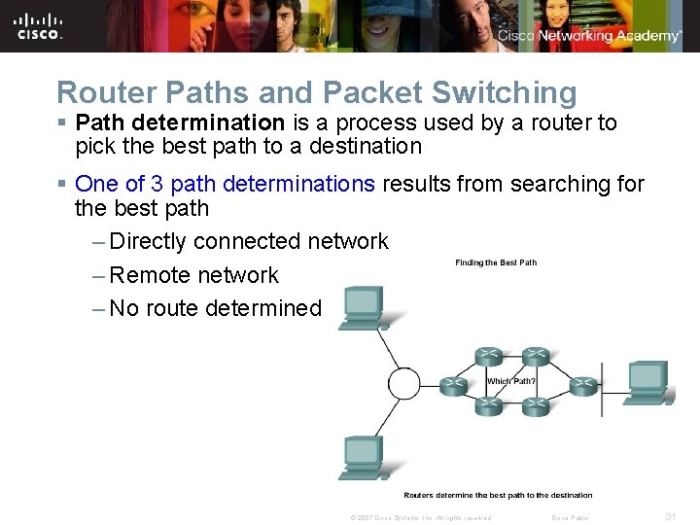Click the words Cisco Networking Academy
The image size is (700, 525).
coord(589,36)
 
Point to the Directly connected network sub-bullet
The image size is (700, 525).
coord(249,241)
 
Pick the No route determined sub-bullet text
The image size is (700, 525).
coord(215,309)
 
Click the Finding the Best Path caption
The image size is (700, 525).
coord(496,262)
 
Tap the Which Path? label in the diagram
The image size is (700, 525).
coord(511,381)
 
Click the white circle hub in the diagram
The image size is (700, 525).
coord(404,383)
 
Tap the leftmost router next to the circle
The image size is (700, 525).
coord(453,386)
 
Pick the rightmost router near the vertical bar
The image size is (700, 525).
coord(581,386)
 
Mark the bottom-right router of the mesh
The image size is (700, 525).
coord(536,406)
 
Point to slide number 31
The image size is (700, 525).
coord(670,517)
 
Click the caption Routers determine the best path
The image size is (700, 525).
coord(498,496)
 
